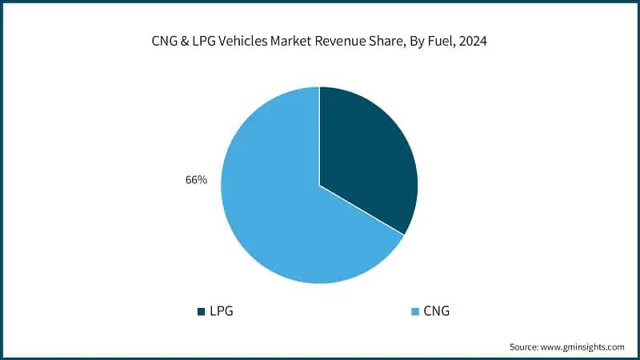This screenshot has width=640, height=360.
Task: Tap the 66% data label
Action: click(x=196, y=180)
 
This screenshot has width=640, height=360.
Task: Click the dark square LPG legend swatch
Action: click(x=201, y=310)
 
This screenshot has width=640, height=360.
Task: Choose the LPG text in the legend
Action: click(x=221, y=310)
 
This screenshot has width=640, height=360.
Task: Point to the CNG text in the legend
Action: click(x=435, y=310)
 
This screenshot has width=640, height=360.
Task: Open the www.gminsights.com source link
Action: click(x=585, y=346)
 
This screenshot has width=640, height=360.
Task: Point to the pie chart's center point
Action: click(x=319, y=186)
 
